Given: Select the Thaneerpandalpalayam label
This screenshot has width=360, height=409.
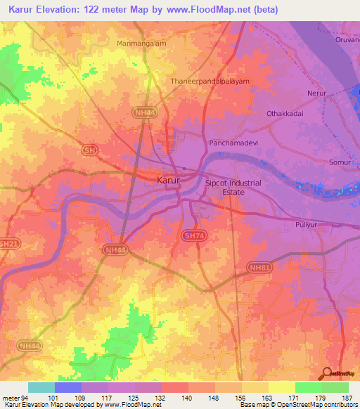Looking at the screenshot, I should pyautogui.click(x=210, y=82).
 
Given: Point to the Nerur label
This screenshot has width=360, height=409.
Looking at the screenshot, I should pyautogui.click(x=318, y=93).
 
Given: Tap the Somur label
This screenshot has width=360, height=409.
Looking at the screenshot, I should pyautogui.click(x=340, y=162).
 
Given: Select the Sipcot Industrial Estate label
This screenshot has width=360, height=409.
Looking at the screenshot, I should pyautogui.click(x=233, y=187).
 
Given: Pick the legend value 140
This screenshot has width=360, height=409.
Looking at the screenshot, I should pyautogui.click(x=188, y=398).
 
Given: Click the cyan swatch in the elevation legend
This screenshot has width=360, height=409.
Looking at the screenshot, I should pyautogui.click(x=41, y=387).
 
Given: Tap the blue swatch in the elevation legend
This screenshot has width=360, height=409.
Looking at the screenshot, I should pyautogui.click(x=68, y=387).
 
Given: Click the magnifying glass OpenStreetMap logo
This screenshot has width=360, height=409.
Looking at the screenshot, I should pyautogui.click(x=328, y=373).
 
